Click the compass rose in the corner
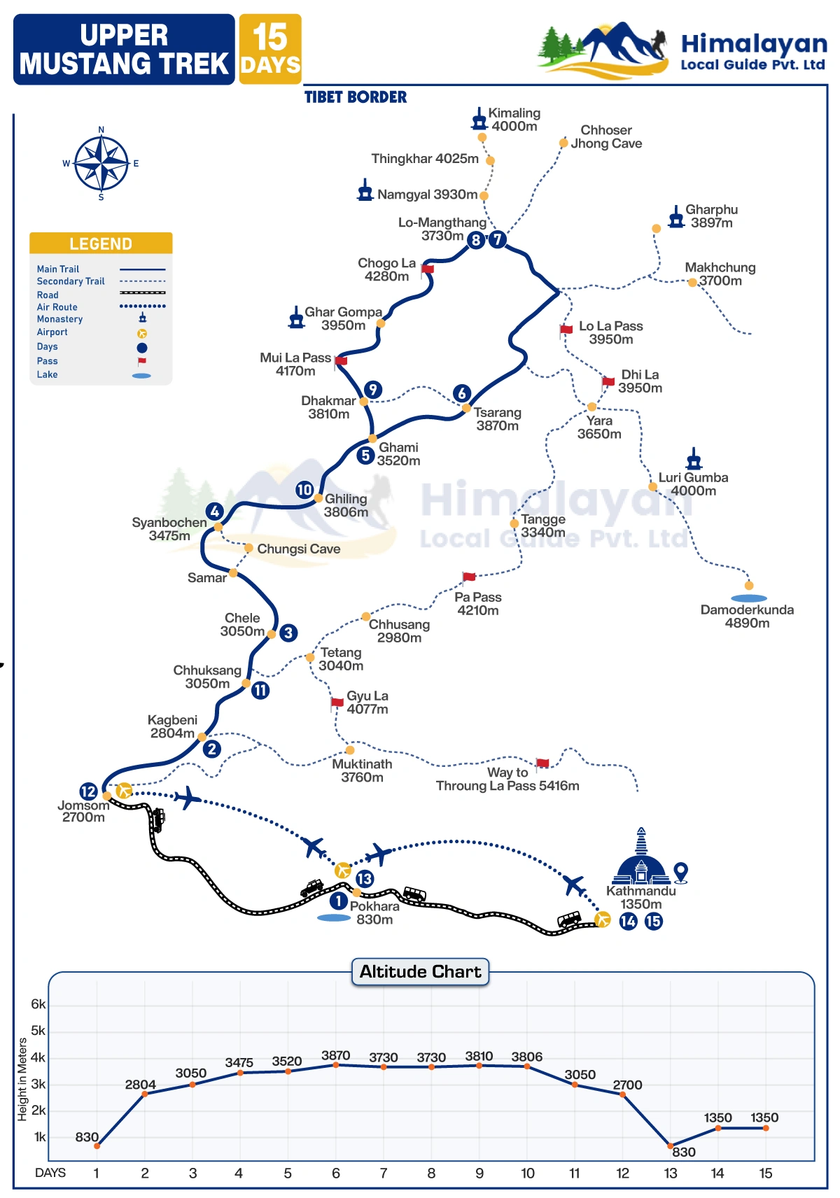pyautogui.click(x=101, y=164)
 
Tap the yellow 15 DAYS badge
pyautogui.click(x=270, y=49)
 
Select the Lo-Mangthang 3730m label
pyautogui.click(x=442, y=229)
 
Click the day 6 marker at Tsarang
pyautogui.click(x=462, y=393)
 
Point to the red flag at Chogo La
pyautogui.click(x=427, y=269)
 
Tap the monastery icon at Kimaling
pyautogui.click(x=479, y=119)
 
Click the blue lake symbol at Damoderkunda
pyautogui.click(x=749, y=598)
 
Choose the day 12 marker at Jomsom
pyautogui.click(x=88, y=791)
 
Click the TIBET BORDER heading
pyautogui.click(x=356, y=97)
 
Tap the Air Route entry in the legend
pyautogui.click(x=57, y=307)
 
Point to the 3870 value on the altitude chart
pyautogui.click(x=336, y=1055)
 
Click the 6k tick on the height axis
pyautogui.click(x=38, y=1004)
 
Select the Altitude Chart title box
pyautogui.click(x=420, y=971)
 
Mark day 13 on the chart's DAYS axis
pyautogui.click(x=671, y=1174)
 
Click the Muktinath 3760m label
pyautogui.click(x=362, y=770)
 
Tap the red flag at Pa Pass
pyautogui.click(x=468, y=577)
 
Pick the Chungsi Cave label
pyautogui.click(x=299, y=549)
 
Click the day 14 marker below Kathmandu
pyautogui.click(x=628, y=921)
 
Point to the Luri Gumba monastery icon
pyautogui.click(x=694, y=459)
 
